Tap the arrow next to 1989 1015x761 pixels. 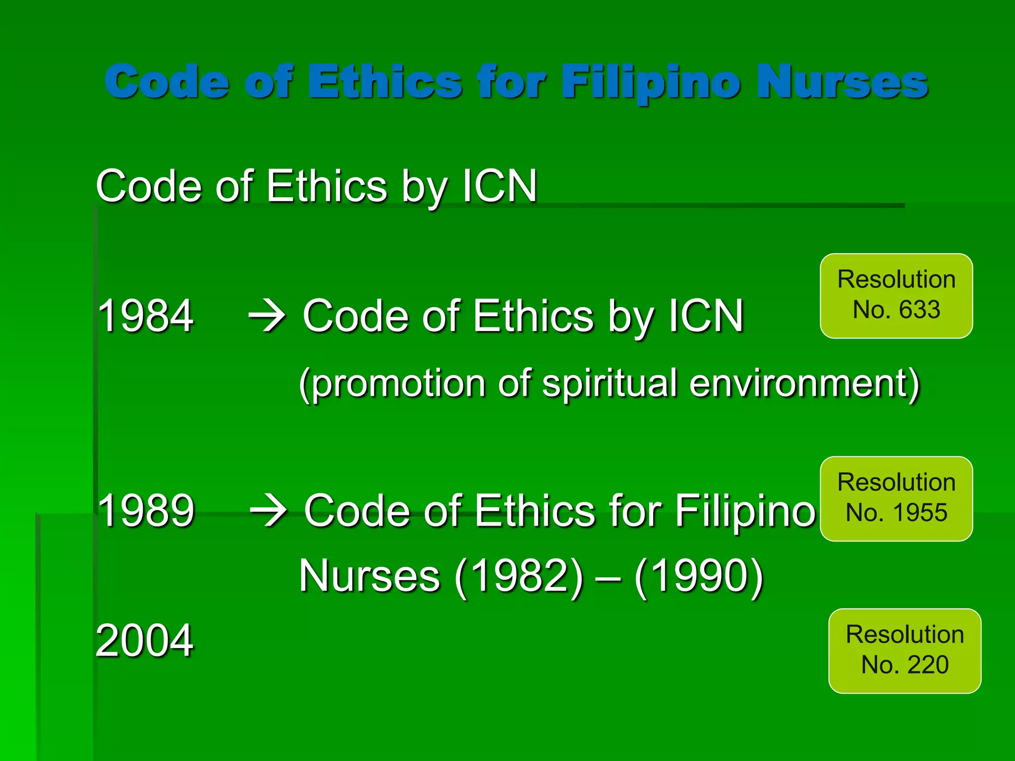(x=269, y=511)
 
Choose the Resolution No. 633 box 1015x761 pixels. (x=896, y=296)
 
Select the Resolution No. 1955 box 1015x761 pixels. (x=896, y=498)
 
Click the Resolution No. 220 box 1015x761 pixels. (x=904, y=651)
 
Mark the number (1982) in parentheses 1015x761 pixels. (x=519, y=576)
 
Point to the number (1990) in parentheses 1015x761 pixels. (x=699, y=576)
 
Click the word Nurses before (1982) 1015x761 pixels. (x=370, y=576)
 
